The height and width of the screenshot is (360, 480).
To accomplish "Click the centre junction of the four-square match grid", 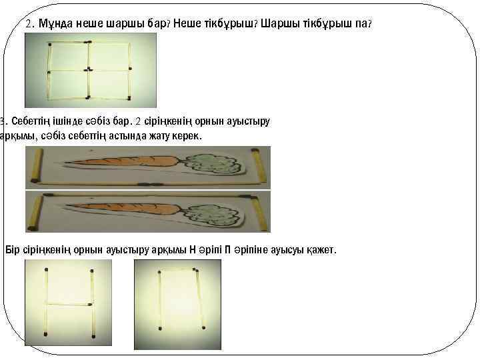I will [87, 69].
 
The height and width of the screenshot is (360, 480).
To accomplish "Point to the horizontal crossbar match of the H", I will [69, 304].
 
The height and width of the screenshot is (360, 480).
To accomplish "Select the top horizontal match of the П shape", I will [178, 270].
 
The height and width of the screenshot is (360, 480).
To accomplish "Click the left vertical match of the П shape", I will [160, 300].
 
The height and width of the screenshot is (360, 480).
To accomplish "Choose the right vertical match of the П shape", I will [198, 300].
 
